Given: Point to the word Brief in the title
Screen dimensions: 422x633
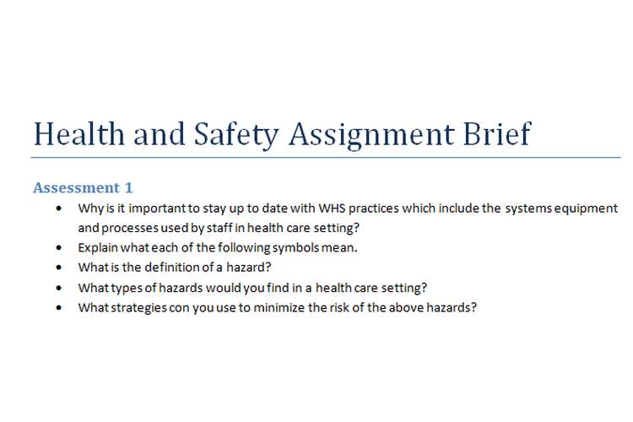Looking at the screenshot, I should tap(497, 134).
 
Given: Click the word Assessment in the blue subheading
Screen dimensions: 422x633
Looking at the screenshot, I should tap(77, 187).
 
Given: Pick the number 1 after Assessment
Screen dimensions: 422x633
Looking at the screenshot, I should tap(128, 187).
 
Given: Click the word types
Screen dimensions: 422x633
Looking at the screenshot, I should tap(126, 288).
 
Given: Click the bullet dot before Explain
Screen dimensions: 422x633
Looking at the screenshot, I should tap(58, 248).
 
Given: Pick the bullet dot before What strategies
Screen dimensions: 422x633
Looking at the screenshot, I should tap(58, 308).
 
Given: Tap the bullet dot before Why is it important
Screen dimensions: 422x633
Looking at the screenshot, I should tap(58, 208).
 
